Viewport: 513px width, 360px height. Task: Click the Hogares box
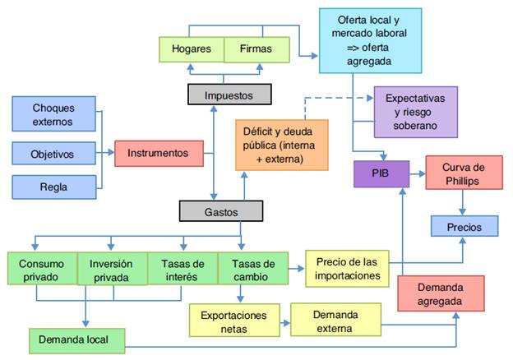pyautogui.click(x=192, y=49)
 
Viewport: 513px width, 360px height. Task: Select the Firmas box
pyautogui.click(x=256, y=49)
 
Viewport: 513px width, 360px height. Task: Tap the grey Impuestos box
pyautogui.click(x=229, y=95)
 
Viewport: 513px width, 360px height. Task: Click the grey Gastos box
pyautogui.click(x=220, y=211)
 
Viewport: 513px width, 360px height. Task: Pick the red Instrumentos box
pyautogui.click(x=159, y=152)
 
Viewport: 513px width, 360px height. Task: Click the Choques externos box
pyautogui.click(x=53, y=115)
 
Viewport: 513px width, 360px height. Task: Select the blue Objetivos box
pyautogui.click(x=53, y=154)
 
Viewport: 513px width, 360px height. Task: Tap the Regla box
pyautogui.click(x=53, y=187)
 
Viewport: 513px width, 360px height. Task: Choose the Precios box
pyautogui.click(x=464, y=225)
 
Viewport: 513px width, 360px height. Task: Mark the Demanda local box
pyautogui.click(x=78, y=339)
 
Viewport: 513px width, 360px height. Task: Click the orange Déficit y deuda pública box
pyautogui.click(x=280, y=144)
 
